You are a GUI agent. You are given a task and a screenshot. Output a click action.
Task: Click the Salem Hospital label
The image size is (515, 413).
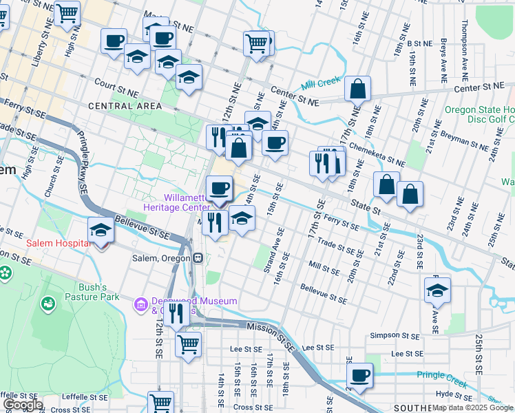point(58,244)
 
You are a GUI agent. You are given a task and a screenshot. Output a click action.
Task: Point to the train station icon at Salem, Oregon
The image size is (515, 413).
point(198,258)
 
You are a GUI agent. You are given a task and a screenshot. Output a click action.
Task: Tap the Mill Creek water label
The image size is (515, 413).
point(321,84)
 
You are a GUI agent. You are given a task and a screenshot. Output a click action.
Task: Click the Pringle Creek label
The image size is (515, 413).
point(441,375)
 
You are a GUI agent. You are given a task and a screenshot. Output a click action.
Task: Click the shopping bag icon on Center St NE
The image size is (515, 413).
point(358,89)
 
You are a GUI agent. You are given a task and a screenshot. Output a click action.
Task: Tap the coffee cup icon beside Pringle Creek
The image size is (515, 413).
point(359,376)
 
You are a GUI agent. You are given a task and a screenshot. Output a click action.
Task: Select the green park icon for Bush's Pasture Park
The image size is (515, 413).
point(48,303)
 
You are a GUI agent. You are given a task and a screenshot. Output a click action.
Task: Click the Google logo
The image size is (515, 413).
point(22,405)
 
